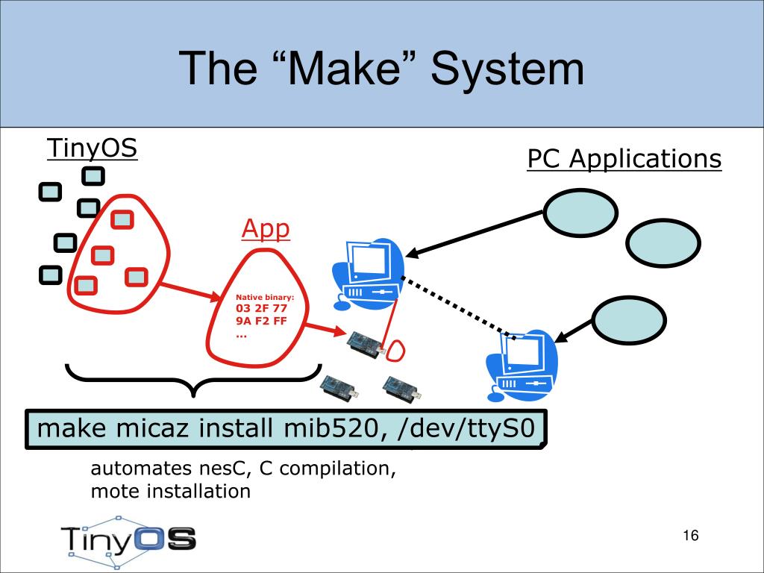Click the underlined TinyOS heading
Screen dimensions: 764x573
point(92,148)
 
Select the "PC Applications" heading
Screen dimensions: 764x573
point(624,159)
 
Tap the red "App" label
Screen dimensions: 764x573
point(266,228)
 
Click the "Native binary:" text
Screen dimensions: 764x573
point(265,297)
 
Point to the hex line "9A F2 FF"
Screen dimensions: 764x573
point(261,321)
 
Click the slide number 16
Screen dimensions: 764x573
point(691,535)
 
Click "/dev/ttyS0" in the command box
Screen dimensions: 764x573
point(466,429)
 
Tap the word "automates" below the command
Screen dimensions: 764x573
point(141,469)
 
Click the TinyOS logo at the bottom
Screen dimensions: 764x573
point(128,541)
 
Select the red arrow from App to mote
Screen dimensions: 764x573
point(325,328)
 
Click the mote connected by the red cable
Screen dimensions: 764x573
point(366,344)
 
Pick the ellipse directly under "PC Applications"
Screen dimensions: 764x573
point(580,213)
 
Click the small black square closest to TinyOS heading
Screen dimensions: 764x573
point(93,176)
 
